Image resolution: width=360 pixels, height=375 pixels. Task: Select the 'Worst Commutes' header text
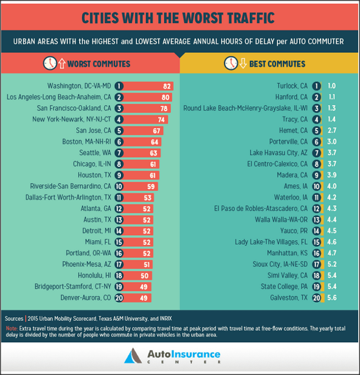point(98,63)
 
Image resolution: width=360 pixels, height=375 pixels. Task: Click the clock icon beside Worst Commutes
point(50,63)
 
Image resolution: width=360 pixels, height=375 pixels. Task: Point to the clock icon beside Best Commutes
point(230,63)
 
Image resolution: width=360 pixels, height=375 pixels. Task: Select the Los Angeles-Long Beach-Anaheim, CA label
point(58,97)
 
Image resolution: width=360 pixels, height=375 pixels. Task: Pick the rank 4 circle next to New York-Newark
point(119,119)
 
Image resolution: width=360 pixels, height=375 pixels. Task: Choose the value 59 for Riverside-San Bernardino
point(150,186)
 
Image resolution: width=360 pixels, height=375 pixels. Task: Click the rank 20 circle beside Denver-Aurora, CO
point(119,298)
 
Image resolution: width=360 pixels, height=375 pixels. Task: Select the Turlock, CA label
point(292,86)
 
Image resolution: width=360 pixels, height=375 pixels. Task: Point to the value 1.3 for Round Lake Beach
point(331,108)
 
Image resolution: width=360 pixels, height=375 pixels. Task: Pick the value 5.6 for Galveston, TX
point(331,298)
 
